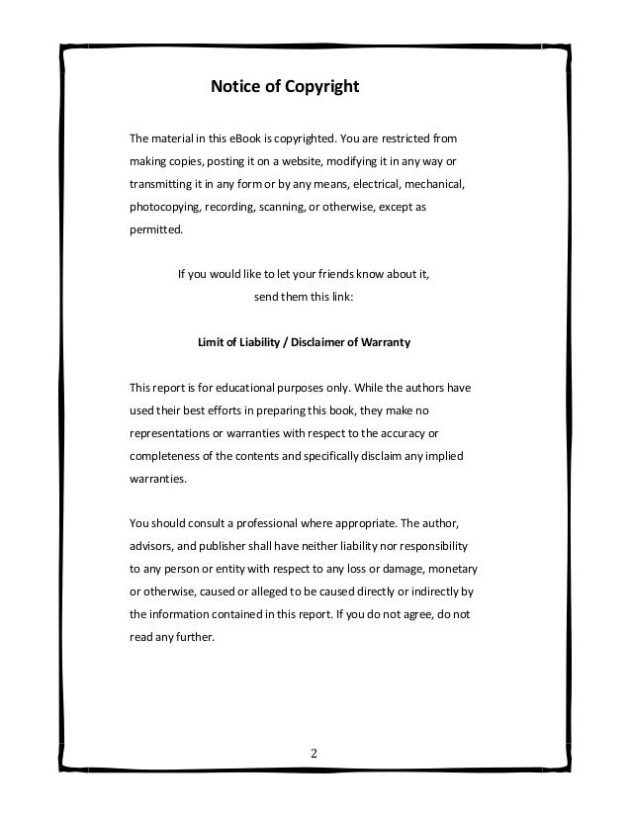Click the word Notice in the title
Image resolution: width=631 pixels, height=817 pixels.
(235, 87)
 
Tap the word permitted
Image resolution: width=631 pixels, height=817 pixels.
(156, 230)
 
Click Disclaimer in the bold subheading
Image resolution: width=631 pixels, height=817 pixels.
(319, 342)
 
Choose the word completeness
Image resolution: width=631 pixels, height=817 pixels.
(167, 456)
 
